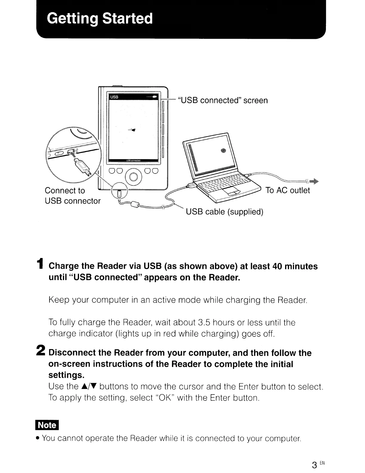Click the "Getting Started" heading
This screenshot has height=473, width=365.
100,19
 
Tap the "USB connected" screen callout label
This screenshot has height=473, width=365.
222,100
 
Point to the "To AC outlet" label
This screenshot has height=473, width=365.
287,190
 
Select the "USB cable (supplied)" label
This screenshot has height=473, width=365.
225,212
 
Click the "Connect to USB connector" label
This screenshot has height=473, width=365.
72,196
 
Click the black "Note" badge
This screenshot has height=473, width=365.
47,425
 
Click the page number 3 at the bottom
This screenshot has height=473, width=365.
314,465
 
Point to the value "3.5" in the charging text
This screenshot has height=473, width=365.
205,322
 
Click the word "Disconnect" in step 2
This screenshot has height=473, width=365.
72,353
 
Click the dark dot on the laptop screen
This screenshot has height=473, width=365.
224,150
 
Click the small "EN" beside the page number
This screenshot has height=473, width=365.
321,463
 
